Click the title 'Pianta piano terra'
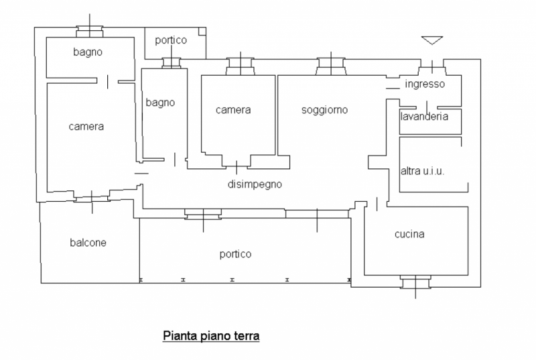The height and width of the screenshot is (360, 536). tap(211, 335)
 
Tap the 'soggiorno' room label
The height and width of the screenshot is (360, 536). tap(324, 110)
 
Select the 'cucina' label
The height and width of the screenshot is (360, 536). tap(409, 234)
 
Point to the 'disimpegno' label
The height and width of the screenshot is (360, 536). tap(254, 184)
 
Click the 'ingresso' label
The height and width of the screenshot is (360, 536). tap(424, 84)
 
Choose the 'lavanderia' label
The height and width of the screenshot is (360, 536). tap(423, 115)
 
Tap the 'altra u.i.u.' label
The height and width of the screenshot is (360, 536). tap(423, 171)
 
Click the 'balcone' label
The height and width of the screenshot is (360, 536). tap(88, 242)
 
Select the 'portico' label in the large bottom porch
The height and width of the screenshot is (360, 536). tap(236, 254)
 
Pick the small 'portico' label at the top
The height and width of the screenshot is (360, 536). tap(171, 40)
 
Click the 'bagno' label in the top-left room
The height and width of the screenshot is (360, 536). tap(88, 52)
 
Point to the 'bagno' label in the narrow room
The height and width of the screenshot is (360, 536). tap(160, 103)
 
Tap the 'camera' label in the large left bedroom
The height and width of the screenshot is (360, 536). tap(86, 125)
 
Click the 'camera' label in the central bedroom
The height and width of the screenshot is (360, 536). tap(233, 110)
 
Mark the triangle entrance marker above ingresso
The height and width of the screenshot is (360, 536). tap(432, 40)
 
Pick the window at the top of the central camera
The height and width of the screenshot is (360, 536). tap(239, 65)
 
